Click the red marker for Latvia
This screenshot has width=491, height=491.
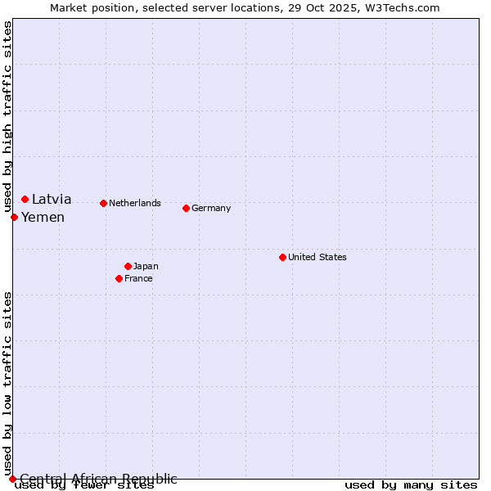tap(25, 199)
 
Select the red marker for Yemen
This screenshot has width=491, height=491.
tap(15, 217)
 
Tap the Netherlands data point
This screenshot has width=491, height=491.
tap(103, 203)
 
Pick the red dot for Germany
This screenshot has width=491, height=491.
tap(186, 208)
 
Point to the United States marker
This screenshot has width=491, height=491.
tap(282, 257)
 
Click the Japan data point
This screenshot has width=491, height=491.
tap(128, 266)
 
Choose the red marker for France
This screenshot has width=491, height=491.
tap(119, 278)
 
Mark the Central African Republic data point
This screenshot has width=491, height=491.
tap(12, 479)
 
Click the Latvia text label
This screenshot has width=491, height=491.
tap(52, 200)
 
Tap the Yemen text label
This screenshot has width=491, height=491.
tap(43, 218)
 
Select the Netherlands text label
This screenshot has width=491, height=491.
tap(135, 203)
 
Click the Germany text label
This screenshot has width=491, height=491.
tap(211, 209)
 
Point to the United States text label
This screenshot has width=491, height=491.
tap(318, 257)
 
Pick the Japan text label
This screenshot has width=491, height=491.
tap(146, 267)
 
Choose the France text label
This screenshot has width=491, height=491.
tap(138, 279)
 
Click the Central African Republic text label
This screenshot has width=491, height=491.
tap(98, 479)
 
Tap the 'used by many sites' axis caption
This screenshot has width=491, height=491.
tap(411, 485)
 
